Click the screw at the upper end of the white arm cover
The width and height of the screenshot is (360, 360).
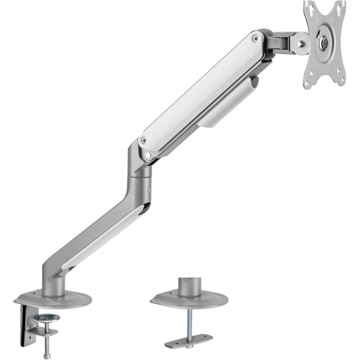click(x=255, y=38)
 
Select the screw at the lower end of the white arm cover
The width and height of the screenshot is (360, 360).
click(x=144, y=139)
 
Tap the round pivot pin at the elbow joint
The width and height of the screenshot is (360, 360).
click(x=148, y=155)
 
